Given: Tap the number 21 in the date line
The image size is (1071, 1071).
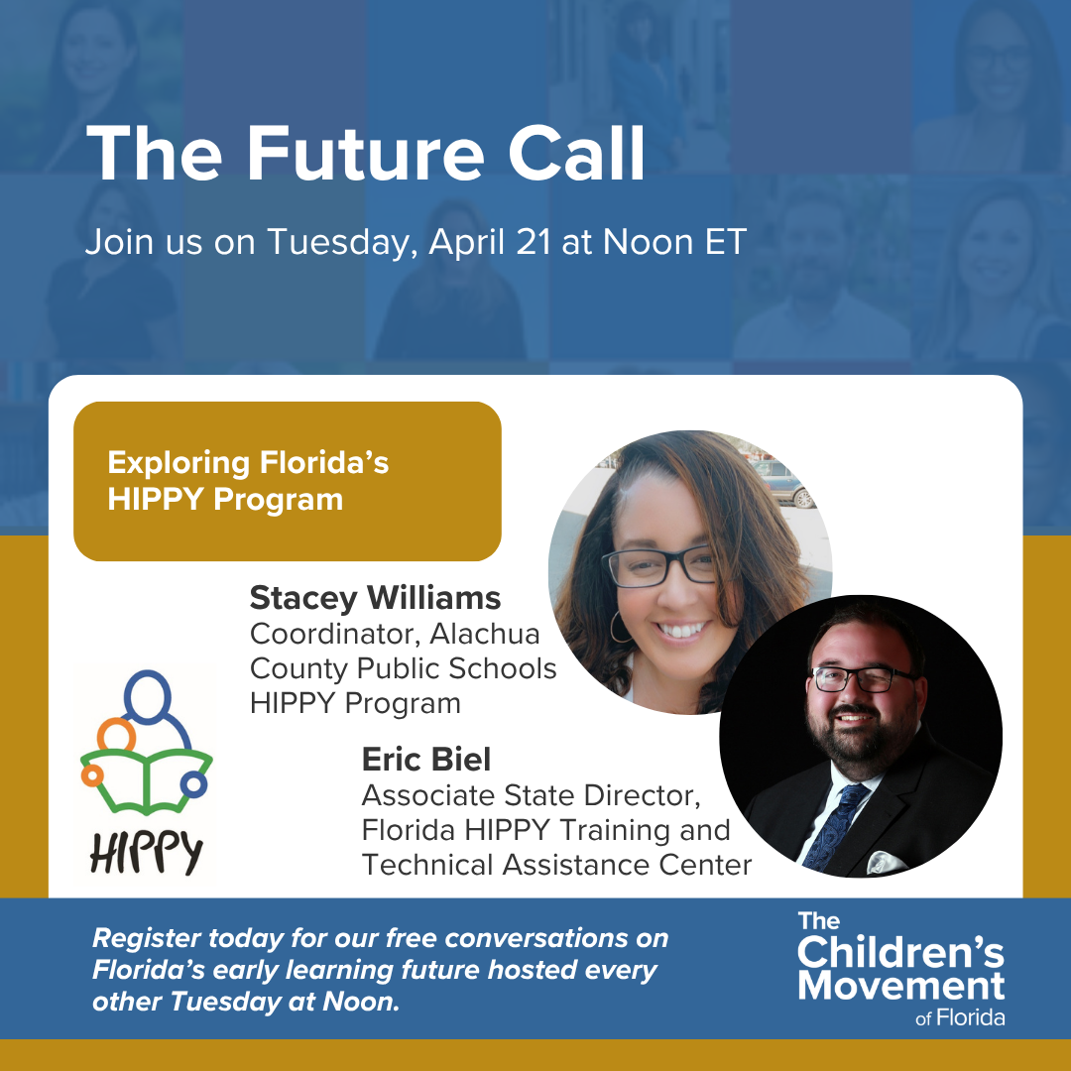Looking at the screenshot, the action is pyautogui.click(x=533, y=242).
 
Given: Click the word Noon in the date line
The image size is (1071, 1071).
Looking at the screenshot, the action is pyautogui.click(x=649, y=242).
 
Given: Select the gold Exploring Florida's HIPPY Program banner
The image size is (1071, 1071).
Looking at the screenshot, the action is pyautogui.click(x=288, y=481).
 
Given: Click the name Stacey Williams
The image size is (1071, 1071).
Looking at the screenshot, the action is pyautogui.click(x=375, y=598).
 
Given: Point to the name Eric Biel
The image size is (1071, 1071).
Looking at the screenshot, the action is pyautogui.click(x=426, y=759).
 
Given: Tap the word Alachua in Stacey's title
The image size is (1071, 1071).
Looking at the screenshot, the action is pyautogui.click(x=484, y=634).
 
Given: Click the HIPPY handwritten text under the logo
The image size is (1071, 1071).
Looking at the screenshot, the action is pyautogui.click(x=146, y=853).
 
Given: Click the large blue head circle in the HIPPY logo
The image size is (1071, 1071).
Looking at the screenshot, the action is pyautogui.click(x=147, y=695).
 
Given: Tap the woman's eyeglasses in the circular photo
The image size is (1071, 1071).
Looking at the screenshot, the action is pyautogui.click(x=659, y=566).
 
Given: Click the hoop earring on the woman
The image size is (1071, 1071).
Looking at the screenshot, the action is pyautogui.click(x=619, y=627).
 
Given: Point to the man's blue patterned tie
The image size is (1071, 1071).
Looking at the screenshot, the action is pyautogui.click(x=835, y=825).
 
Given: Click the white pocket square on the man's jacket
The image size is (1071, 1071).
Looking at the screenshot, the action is pyautogui.click(x=886, y=862).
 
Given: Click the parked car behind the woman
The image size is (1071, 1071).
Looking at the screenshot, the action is pyautogui.click(x=782, y=482).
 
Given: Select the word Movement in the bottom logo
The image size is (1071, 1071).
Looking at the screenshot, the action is pyautogui.click(x=900, y=986).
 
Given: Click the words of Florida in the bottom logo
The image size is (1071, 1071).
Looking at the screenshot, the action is pyautogui.click(x=960, y=1018).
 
